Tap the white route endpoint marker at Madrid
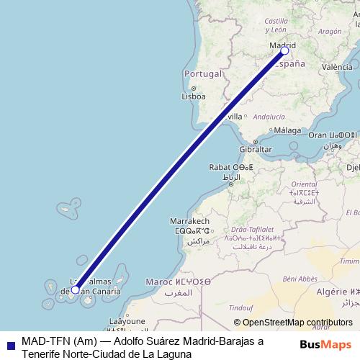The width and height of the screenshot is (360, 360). [x=284, y=50]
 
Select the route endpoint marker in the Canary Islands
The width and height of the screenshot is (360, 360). [x=76, y=290]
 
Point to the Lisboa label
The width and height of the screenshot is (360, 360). [x=194, y=96]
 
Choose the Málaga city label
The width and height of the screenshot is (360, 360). [x=287, y=130]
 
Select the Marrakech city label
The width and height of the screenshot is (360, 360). [x=189, y=220]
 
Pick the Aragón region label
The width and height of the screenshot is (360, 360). [x=329, y=32]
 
